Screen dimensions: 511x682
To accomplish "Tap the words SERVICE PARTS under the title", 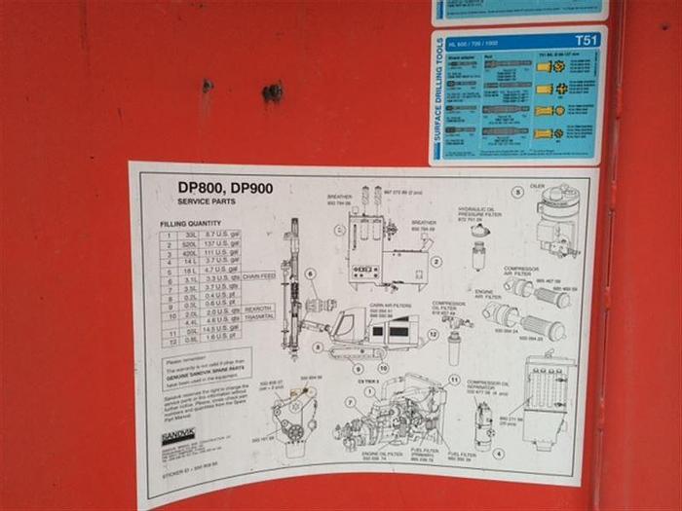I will [206, 201].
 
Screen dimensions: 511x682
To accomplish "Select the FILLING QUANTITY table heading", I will [190, 223].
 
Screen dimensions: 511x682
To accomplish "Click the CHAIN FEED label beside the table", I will [259, 276].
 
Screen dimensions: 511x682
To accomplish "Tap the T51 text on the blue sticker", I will [587, 41].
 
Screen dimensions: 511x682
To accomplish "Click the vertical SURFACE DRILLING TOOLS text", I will [441, 96].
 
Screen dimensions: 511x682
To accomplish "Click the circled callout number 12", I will [433, 334].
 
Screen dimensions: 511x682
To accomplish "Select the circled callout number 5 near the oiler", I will [517, 193].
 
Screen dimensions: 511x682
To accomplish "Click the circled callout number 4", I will [498, 453].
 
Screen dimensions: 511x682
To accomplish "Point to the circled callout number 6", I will [311, 274].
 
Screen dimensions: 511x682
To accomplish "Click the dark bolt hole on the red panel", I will [273, 92].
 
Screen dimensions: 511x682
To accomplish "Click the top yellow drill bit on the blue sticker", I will [555, 66].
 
